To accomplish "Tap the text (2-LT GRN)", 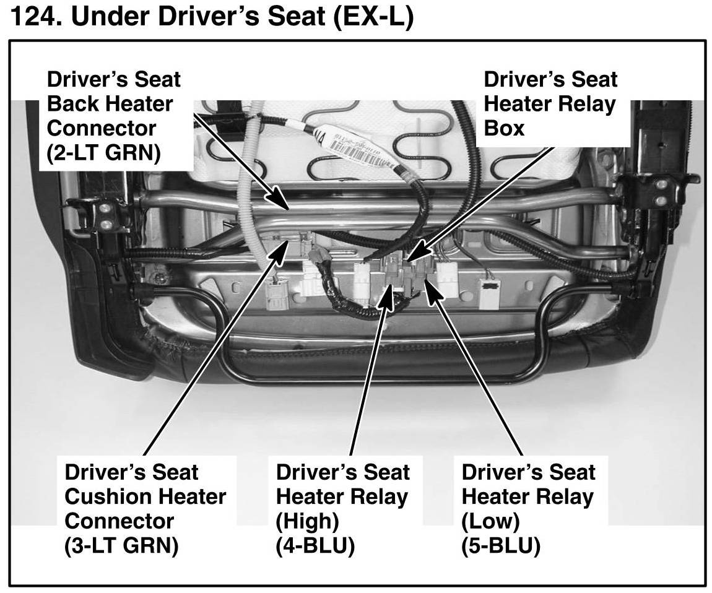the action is click(x=103, y=154).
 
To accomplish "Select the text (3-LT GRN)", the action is click(x=121, y=547).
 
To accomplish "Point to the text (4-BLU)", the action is click(x=315, y=547).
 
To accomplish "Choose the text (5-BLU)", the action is click(x=501, y=547).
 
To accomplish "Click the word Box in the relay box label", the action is click(x=504, y=129).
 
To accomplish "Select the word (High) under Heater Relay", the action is click(x=308, y=522).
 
